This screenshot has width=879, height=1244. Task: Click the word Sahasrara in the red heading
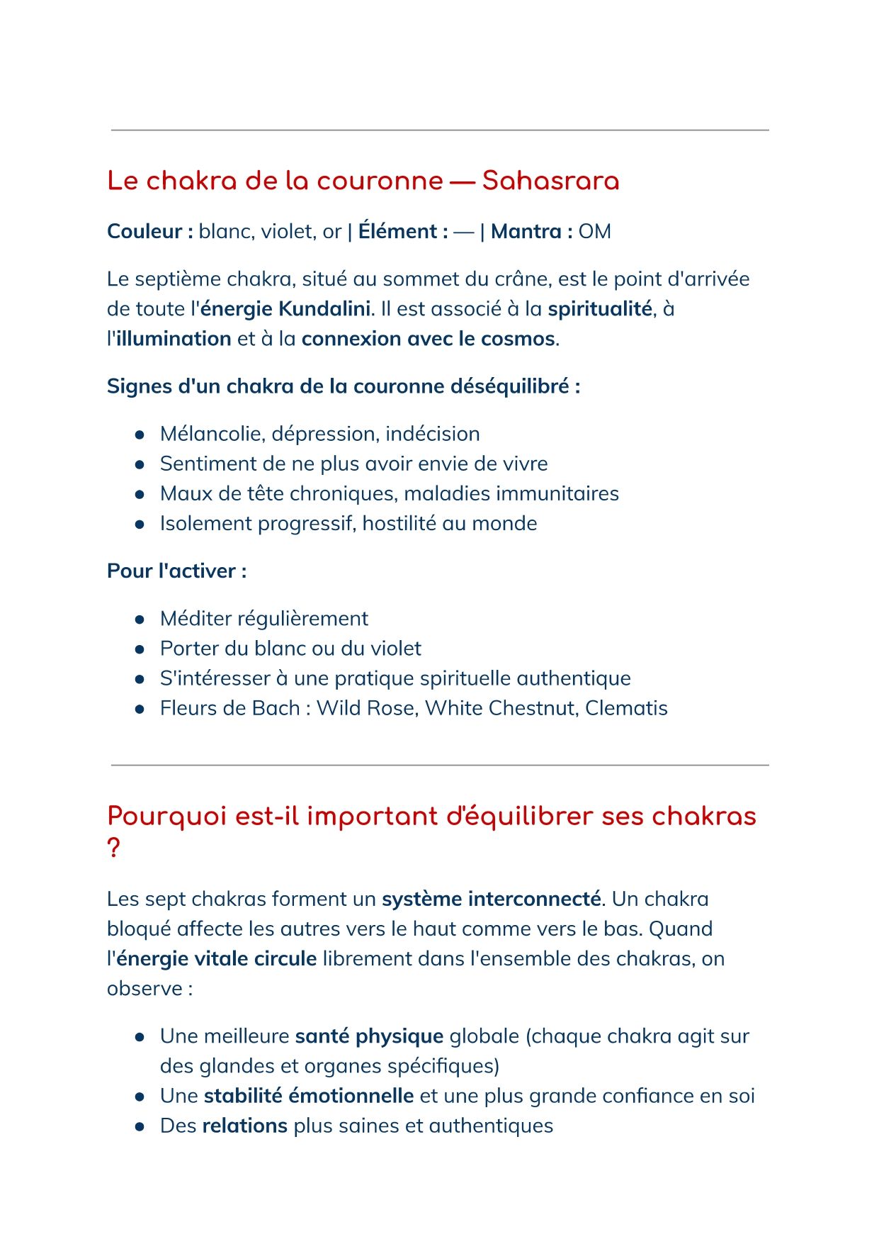pos(550,181)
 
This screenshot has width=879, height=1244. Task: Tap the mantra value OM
pos(594,232)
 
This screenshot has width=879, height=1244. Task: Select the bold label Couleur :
pos(149,232)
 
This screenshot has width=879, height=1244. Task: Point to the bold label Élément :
pos(402,232)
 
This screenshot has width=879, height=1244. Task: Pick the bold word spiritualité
pos(599,309)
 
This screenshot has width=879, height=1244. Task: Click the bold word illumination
pos(174,339)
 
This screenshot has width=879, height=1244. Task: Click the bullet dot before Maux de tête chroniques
pos(140,494)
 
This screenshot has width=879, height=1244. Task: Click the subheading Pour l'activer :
pos(176,571)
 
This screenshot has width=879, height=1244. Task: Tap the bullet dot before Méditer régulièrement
pos(140,620)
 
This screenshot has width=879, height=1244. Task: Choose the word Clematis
pos(626,708)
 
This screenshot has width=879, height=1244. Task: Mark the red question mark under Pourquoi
pos(113,848)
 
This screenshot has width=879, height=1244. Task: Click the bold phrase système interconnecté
pos(492,900)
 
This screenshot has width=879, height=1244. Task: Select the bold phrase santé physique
pos(369,1036)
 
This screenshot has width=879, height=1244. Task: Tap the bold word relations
pos(244,1126)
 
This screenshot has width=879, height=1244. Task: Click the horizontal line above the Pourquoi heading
pos(439,766)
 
